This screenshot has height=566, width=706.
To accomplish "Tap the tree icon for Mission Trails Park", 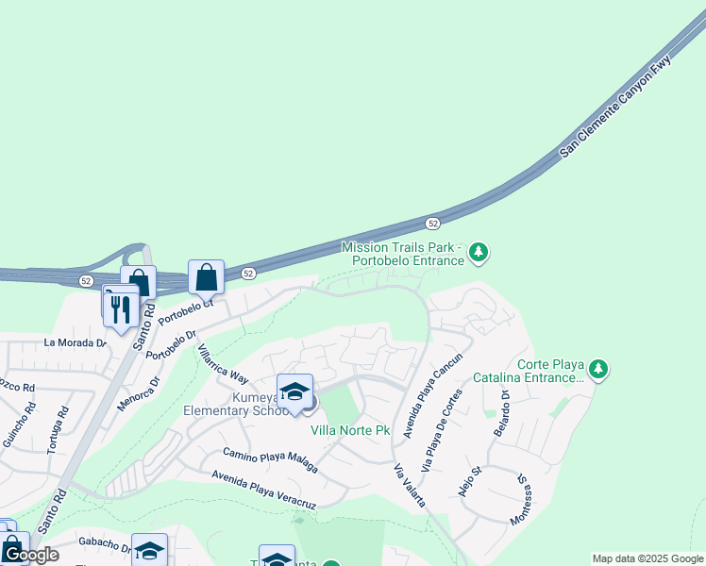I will [x=479, y=252].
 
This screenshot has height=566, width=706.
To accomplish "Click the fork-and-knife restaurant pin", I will [x=121, y=308].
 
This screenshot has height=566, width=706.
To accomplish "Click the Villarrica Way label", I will [x=222, y=364].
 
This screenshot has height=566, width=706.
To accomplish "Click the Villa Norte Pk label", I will [x=351, y=430].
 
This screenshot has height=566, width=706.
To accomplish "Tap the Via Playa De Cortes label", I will [x=442, y=431].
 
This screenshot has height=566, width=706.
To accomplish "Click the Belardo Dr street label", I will [x=500, y=412].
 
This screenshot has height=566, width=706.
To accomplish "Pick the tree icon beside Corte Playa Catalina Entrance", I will [x=597, y=369].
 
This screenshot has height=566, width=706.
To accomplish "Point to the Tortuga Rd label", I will [x=59, y=429].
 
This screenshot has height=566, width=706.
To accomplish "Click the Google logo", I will [x=31, y=555].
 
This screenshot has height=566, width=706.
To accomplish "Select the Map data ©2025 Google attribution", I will [x=647, y=558].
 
